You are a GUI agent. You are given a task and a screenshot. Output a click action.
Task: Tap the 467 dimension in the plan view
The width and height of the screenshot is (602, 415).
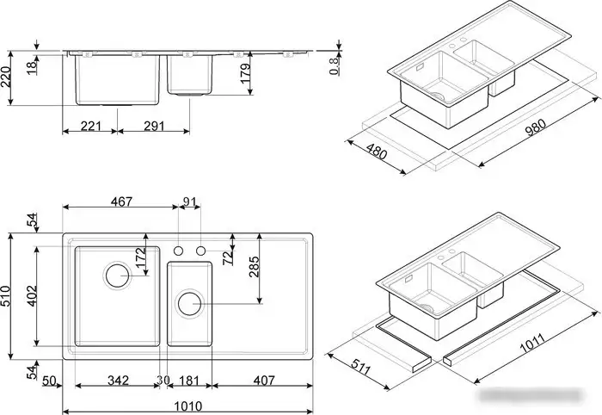pyautogui.click(x=121, y=202)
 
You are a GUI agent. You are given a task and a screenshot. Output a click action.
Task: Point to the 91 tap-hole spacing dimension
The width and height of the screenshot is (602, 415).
pyautogui.click(x=190, y=202)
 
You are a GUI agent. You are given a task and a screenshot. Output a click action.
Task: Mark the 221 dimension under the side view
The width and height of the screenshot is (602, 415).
pyautogui.click(x=90, y=127)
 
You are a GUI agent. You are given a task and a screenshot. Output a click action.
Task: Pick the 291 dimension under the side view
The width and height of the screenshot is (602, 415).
pyautogui.click(x=153, y=127)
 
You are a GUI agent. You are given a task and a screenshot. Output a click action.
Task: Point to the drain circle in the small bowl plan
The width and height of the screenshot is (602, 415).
pyautogui.click(x=189, y=302)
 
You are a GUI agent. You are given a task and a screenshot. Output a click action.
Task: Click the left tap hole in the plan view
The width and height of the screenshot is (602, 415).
pyautogui.click(x=179, y=251)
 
